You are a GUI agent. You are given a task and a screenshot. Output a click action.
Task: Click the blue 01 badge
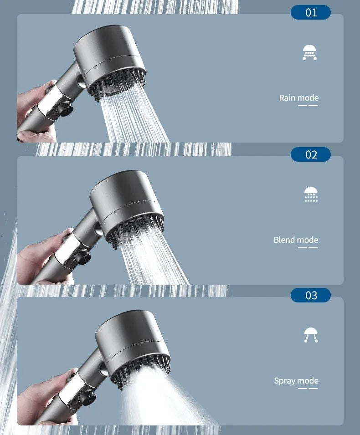pos(311,12)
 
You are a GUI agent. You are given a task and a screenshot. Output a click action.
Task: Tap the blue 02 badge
pos(311,154)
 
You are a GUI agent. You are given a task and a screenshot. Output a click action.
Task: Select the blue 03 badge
pos(311,295)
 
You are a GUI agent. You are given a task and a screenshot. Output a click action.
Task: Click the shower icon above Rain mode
pos(309,52)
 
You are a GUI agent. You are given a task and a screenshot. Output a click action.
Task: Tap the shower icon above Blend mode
pos(311,194)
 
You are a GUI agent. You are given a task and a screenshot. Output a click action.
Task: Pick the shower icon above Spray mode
pos(311,335)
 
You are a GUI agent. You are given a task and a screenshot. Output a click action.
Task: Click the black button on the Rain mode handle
pos(65,109)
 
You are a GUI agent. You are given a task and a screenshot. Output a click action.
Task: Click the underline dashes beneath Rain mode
pos(308,106)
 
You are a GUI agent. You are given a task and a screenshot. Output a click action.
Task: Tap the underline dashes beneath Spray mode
pos(308,389)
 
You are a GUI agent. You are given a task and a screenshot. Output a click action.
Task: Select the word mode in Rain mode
pos(308,97)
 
